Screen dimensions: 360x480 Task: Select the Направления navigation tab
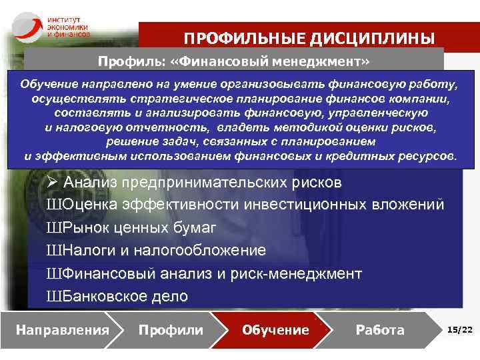[x=62, y=329]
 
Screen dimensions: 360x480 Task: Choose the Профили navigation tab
[x=171, y=329]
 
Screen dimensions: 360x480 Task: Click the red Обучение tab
[x=275, y=329]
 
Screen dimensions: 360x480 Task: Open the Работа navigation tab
[x=380, y=329]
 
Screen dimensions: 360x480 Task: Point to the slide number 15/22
[x=459, y=329]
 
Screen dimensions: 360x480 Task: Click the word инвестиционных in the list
[x=314, y=205]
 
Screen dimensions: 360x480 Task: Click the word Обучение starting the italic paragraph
[x=48, y=85]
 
